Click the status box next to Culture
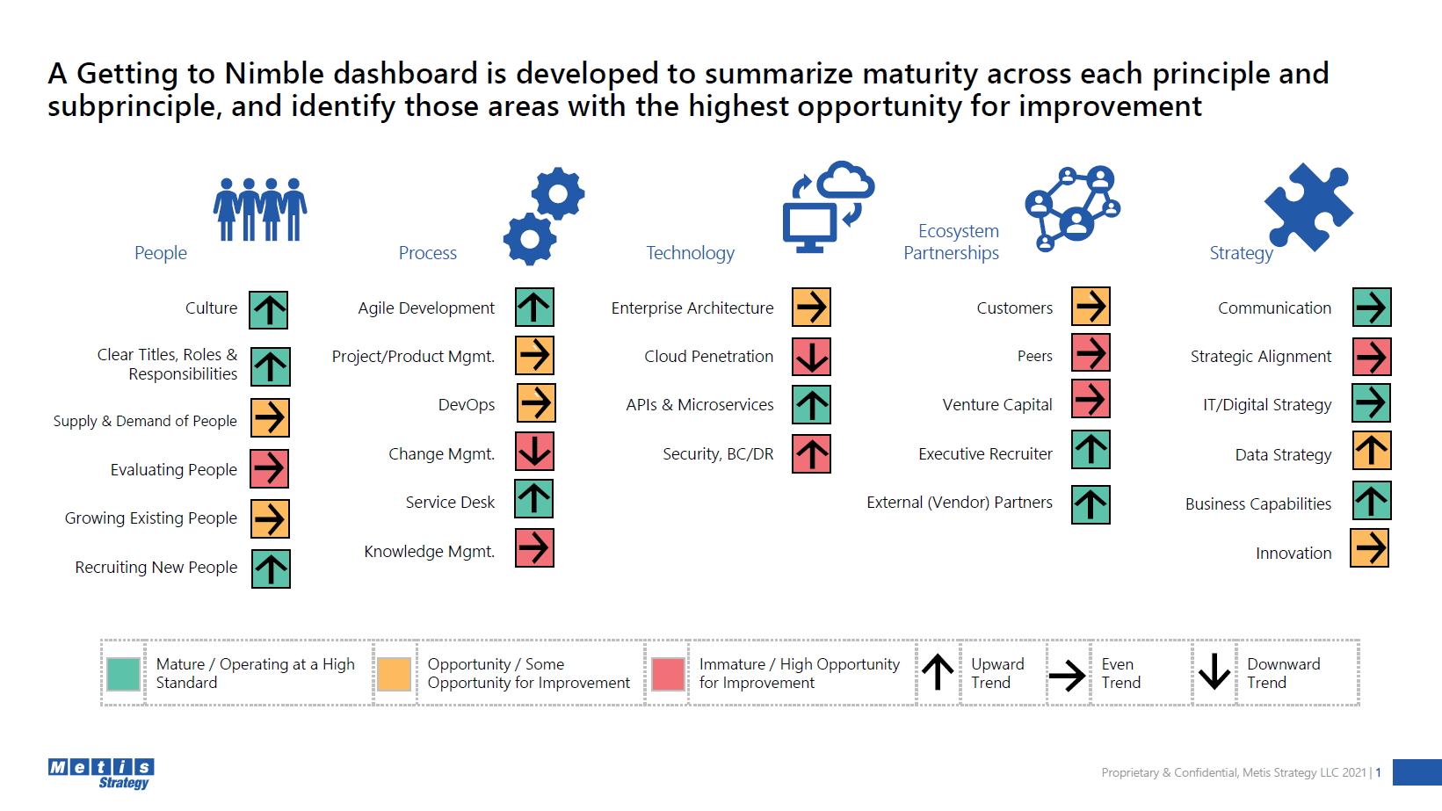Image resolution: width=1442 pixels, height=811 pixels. [x=268, y=309]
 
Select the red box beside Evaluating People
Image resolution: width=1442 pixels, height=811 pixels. [x=269, y=468]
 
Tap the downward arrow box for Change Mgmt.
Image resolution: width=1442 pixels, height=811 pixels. [x=534, y=451]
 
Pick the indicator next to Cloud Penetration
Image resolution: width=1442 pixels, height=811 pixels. [x=811, y=357]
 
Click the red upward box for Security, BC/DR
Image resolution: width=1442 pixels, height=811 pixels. [x=811, y=453]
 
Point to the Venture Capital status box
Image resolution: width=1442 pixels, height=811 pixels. [x=1091, y=399]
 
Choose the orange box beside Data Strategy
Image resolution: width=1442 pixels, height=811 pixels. [x=1371, y=451]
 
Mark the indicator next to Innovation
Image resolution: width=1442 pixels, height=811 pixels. [x=1369, y=548]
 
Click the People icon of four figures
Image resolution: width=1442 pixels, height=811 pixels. [x=260, y=209]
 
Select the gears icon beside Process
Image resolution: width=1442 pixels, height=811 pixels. [x=544, y=216]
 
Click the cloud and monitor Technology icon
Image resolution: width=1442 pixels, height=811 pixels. [x=829, y=206]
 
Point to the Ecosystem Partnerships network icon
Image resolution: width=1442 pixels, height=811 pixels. [x=1072, y=208]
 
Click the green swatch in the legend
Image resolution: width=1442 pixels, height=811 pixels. [x=124, y=674]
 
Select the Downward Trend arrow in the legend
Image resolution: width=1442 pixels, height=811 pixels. [x=1214, y=672]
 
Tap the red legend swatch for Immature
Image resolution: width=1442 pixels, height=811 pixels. [x=668, y=674]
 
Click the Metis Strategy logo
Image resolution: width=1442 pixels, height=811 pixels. [x=101, y=773]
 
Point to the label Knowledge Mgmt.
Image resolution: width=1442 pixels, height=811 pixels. [x=430, y=552]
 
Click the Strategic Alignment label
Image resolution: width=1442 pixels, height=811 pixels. [x=1260, y=357]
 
